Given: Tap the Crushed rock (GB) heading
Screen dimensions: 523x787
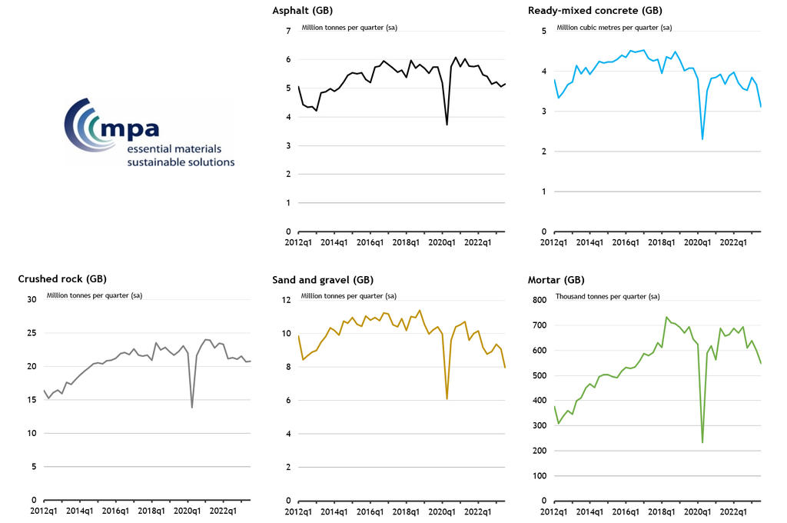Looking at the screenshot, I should (62, 279).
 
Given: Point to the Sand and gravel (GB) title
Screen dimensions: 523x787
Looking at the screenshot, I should (323, 279).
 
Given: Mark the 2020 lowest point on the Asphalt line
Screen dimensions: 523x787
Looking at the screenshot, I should (447, 125).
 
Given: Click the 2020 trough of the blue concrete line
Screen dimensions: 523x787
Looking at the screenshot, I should (702, 139).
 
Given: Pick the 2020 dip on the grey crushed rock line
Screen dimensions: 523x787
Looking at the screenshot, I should (191, 407).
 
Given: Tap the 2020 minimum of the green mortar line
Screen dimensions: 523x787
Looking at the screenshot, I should (702, 442).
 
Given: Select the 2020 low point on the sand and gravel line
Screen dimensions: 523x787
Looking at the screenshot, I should (447, 398).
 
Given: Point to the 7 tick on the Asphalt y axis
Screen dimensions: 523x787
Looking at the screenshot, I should (289, 31).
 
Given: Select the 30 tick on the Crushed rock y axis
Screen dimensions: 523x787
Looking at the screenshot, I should (32, 300).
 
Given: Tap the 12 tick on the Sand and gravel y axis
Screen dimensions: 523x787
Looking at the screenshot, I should (287, 300).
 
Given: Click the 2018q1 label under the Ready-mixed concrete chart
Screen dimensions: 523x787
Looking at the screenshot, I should (662, 243).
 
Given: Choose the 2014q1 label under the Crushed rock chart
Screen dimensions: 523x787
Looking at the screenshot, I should (78, 511).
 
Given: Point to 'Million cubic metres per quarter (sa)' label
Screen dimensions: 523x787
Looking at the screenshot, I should (614, 28).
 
